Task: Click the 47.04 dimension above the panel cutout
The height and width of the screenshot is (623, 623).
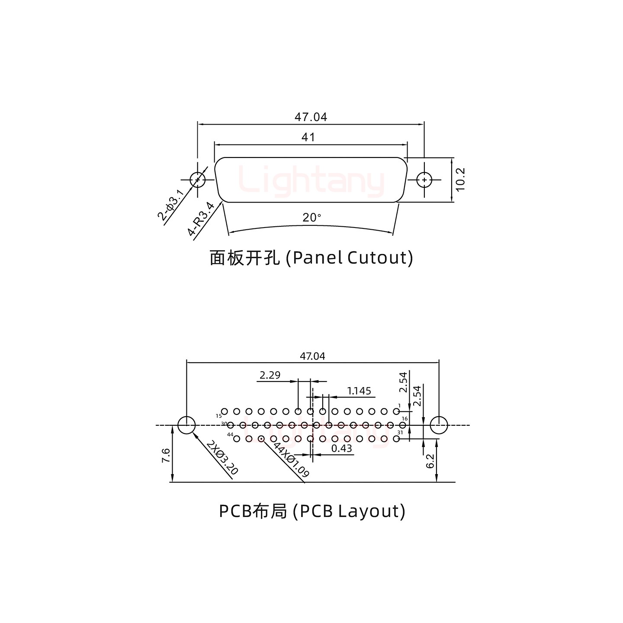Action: pos(311,117)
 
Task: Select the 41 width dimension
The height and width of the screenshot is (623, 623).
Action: pos(308,138)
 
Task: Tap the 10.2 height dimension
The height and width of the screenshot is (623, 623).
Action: pos(460,179)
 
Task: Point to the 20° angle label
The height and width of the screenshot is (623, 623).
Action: pos(311,218)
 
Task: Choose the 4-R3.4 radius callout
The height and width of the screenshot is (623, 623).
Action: pos(201,219)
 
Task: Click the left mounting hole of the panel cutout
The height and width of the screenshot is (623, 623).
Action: pos(198,180)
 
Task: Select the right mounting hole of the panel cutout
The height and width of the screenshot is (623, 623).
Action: pos(424,180)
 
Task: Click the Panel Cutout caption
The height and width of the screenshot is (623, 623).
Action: pos(311,258)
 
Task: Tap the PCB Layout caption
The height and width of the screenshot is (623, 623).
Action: pos(312,511)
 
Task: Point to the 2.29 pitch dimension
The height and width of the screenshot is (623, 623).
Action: pos(270,375)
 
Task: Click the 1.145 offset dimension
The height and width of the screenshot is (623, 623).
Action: pos(359,391)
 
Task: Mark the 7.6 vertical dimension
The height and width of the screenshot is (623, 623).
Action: pos(166,455)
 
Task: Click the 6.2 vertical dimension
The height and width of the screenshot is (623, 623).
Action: pos(430,462)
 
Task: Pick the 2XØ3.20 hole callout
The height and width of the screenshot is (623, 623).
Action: pos(222,458)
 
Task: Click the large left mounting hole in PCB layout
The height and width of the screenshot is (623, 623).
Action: pos(186,425)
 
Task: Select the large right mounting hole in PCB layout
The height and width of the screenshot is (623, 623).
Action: pos(439,425)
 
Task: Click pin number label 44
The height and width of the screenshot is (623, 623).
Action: pos(230,434)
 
